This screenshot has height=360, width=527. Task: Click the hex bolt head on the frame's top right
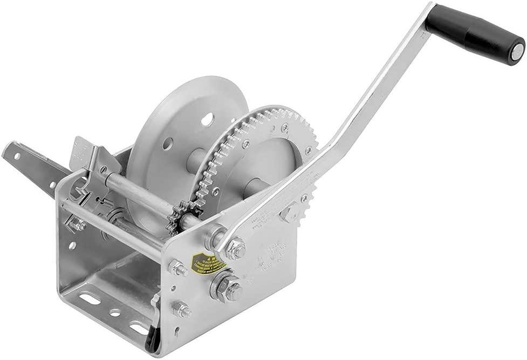point(288,212)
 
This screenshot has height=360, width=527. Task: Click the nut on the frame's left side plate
point(79,225)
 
